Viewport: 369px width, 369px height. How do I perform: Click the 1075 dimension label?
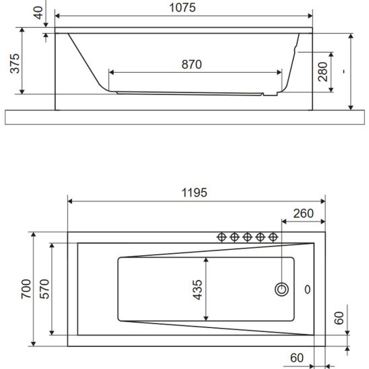[182, 7]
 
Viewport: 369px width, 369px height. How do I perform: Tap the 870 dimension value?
[191, 65]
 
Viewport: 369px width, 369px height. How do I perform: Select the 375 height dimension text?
[15, 63]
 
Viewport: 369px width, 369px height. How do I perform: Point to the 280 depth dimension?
[323, 72]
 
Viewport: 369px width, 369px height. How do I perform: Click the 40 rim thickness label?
[38, 13]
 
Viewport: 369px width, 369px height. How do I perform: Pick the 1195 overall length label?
[195, 193]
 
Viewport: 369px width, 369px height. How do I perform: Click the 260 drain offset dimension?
[303, 213]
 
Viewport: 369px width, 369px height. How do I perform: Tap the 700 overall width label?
[26, 289]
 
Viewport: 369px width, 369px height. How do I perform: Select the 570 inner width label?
[44, 289]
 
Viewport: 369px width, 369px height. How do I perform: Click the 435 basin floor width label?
[197, 290]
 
